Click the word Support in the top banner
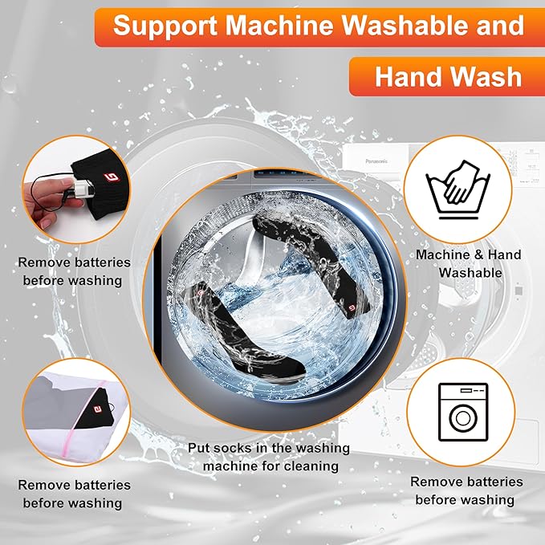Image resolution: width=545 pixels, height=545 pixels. [165, 26]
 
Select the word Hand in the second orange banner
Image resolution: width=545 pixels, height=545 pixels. [404, 77]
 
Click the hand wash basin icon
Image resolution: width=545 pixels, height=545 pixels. [458, 189]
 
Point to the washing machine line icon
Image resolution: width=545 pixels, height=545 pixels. [463, 412]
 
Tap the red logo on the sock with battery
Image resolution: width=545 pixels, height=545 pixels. [112, 177]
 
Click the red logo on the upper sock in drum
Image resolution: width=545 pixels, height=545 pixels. [352, 307]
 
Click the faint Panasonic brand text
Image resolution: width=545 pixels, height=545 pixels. [376, 161]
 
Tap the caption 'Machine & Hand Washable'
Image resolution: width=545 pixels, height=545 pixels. [469, 263]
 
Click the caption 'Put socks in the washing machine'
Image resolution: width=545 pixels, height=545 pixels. [270, 457]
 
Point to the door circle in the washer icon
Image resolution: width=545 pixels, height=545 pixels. [463, 418]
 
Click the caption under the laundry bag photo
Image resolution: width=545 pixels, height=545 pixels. [74, 494]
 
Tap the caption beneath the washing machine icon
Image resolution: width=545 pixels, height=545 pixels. [466, 490]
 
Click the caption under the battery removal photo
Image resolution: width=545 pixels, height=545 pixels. [74, 271]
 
